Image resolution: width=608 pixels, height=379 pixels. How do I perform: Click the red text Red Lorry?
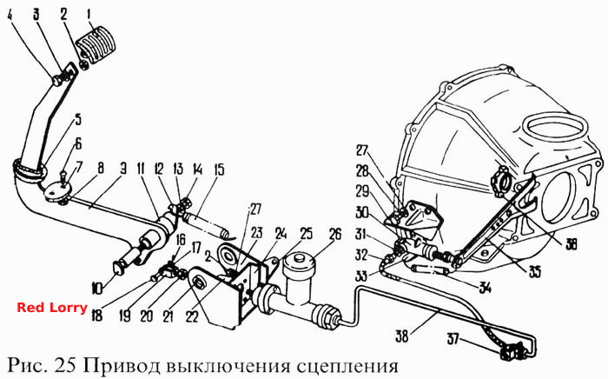pos(52,308)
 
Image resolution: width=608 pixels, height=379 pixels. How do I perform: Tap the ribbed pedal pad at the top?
pos(97,43)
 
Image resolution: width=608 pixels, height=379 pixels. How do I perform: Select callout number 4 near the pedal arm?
pos(10,16)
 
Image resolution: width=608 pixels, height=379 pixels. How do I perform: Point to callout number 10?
pos(97,288)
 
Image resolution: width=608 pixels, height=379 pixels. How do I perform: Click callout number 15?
pos(219,170)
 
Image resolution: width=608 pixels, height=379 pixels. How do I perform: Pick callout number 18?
pos(96,316)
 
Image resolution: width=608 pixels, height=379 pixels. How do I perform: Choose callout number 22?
pos(192,316)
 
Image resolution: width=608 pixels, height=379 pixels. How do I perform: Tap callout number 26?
pos(335,235)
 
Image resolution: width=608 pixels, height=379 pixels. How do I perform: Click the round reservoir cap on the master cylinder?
pos(297,261)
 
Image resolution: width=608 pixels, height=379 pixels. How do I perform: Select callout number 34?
pos(485,288)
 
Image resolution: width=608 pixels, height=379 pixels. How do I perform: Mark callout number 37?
pos(453,339)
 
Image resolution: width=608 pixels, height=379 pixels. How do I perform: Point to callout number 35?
pos(534,272)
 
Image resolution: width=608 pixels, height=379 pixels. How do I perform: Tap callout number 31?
pos(362,234)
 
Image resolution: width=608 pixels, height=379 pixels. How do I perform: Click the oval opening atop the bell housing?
pos(555,128)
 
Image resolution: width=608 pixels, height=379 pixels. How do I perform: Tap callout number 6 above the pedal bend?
pos(78,144)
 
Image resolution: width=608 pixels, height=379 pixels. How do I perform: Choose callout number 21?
pos(168,316)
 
